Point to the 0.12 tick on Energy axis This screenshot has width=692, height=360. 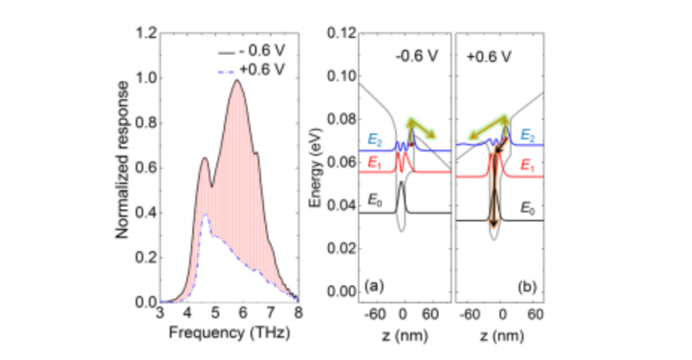(x=343, y=34)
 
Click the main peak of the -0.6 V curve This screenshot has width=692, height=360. (x=237, y=80)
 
